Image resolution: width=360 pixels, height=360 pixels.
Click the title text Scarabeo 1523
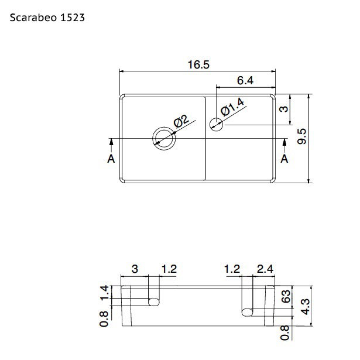pos(47,18)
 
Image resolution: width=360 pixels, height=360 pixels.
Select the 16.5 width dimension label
pos(198,64)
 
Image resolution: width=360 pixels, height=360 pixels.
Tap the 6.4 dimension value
pos(245,81)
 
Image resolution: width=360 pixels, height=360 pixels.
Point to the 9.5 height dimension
pos(301,136)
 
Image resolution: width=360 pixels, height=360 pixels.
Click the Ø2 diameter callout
pos(181,121)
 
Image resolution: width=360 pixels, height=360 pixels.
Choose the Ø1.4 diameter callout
pos(232,107)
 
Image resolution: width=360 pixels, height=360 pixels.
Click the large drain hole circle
pos(164,139)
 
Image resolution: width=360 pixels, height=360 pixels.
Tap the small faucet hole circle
pos(216,124)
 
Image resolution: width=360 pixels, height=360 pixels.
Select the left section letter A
pos(111,159)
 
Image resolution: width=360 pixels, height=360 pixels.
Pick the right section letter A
pos(284,159)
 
